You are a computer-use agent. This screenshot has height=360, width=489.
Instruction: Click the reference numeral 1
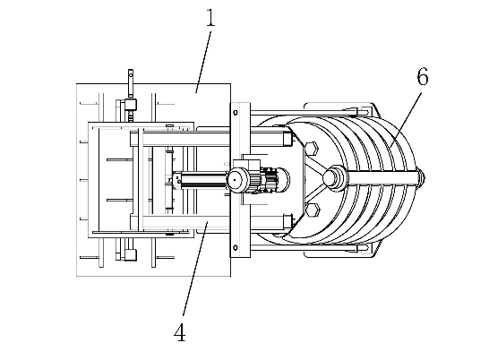pos(210,18)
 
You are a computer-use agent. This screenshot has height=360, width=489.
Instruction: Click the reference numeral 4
pos(180,332)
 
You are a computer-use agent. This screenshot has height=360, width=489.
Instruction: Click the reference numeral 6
pos(423,77)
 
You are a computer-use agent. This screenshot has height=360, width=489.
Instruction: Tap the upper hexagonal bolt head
pos(312,148)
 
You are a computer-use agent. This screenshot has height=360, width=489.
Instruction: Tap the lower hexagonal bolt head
pos(312,210)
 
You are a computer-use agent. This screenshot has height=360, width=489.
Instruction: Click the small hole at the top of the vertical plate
pos(236,113)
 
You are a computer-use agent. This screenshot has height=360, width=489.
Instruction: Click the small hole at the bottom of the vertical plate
pos(236,248)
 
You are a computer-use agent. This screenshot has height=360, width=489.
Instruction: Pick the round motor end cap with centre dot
pos(237,180)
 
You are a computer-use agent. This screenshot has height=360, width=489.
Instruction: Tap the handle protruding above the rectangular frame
pos(131,83)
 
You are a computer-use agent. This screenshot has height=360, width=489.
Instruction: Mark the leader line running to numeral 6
pos(405,119)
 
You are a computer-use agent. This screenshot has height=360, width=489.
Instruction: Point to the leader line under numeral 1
pos(203,62)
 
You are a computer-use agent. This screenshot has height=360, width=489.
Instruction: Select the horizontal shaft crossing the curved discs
pos(382,178)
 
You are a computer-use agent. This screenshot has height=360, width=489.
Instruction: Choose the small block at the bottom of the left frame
pos(131,254)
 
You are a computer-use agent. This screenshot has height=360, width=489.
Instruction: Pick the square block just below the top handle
pos(131,104)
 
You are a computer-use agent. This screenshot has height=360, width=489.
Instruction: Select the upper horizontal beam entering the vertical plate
pos(180,139)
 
